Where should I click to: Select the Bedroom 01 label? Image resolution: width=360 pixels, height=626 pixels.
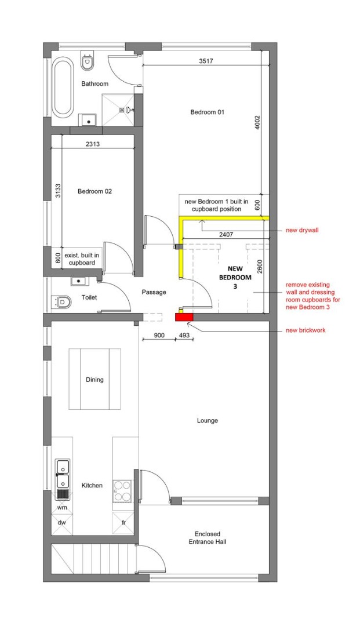[x=207, y=112]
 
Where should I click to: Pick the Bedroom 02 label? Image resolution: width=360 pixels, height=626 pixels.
[x=94, y=191]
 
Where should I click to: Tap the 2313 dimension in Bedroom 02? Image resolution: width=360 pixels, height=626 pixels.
[x=93, y=144]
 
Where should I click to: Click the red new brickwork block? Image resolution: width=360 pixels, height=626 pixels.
[x=184, y=318]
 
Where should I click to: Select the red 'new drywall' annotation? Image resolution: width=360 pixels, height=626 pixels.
[x=302, y=230]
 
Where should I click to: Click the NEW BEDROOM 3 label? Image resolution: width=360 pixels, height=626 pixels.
[x=235, y=278]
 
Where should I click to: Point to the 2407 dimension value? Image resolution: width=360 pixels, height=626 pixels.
[x=226, y=235]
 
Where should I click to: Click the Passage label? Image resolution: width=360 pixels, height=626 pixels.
[x=154, y=292]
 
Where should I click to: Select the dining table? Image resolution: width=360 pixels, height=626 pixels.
[x=95, y=379]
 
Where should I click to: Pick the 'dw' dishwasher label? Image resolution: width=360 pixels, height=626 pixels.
[x=62, y=522]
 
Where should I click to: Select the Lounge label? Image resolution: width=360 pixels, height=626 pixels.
[x=208, y=420]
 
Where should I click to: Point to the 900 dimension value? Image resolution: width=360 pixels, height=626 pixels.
[x=159, y=336]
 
